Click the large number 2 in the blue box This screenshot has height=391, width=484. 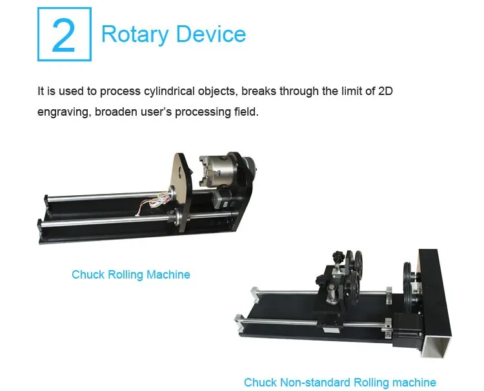[x=64, y=35]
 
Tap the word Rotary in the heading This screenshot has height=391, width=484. [x=136, y=34]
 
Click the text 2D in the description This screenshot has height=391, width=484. [x=385, y=91]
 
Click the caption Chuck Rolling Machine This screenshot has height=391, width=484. [x=131, y=275]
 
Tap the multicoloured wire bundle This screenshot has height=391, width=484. [x=154, y=203]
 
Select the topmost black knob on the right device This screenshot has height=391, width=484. [x=338, y=256]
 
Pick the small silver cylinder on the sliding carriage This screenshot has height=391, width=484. [x=332, y=294]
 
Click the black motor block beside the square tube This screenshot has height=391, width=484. [x=405, y=330]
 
